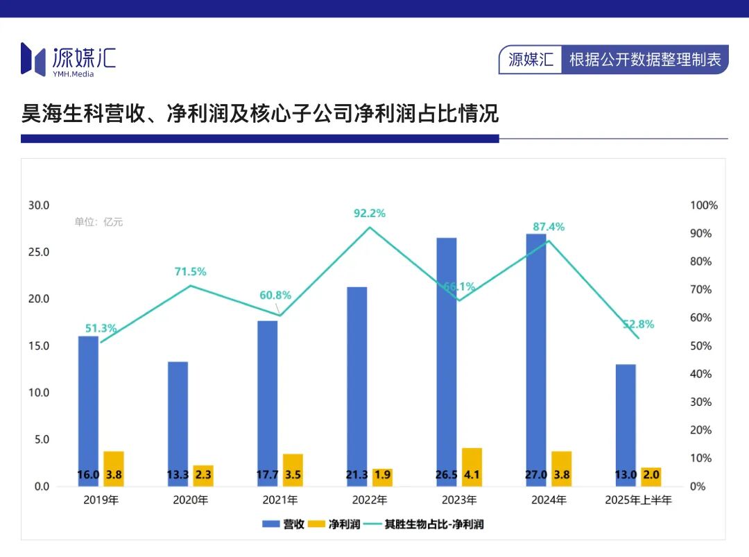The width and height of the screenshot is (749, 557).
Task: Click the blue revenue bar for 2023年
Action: coord(447,361)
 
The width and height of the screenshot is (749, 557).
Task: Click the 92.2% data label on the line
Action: coord(370,214)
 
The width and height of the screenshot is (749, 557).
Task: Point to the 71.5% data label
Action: coord(190,272)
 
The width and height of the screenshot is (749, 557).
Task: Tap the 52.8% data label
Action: coord(638,325)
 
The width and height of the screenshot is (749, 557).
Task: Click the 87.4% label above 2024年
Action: coord(549,227)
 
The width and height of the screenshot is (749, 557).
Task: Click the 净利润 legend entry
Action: coord(335,524)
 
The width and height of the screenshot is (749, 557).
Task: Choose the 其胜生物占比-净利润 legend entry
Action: coord(422,524)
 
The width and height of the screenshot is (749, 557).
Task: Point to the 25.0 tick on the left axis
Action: coord(38,252)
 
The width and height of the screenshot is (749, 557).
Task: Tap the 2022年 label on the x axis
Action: coord(370,500)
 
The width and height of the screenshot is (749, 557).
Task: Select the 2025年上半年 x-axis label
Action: coord(638,500)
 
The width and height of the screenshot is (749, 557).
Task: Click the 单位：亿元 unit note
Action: coord(98,222)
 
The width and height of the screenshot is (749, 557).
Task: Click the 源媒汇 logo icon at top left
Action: coord(35,58)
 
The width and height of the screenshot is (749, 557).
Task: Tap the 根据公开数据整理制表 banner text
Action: coord(645,60)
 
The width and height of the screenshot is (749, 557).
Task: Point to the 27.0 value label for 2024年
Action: coord(536,475)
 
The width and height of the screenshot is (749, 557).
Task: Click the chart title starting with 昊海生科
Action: coord(260,113)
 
